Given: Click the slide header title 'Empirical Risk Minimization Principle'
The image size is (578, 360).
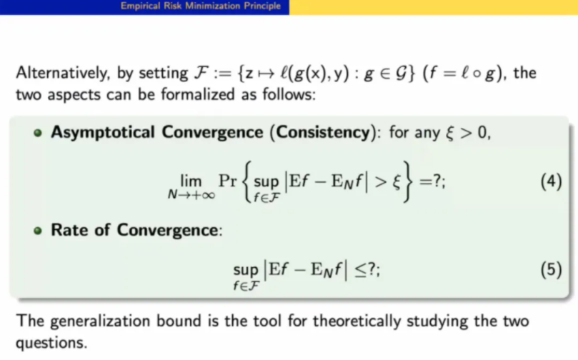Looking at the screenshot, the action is (201, 6).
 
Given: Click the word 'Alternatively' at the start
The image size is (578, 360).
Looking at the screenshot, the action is (63, 74).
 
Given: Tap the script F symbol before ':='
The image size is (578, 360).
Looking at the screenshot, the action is (201, 73).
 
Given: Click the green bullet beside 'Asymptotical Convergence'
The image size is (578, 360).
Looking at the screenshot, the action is (38, 133).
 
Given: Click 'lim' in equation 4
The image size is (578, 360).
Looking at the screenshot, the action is (191, 181).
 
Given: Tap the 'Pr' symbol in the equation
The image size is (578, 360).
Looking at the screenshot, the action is (228, 181).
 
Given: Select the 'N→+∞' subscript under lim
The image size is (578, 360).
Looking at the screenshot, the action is (191, 195).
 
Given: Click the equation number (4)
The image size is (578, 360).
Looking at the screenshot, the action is (551, 181).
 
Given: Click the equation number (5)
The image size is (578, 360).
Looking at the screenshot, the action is (551, 269).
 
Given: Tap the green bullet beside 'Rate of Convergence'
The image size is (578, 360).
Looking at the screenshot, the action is (38, 231).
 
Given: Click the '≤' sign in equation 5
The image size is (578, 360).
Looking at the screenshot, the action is (360, 270).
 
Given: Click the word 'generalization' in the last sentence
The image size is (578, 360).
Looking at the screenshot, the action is (100, 321).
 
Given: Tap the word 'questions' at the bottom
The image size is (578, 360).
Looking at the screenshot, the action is (51, 344).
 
